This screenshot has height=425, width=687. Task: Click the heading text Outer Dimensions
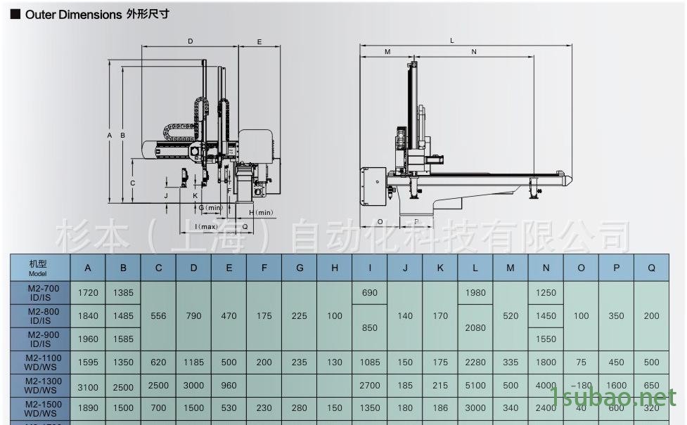coord(73,14)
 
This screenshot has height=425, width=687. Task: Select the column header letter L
coord(475,268)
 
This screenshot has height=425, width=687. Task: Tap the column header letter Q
coord(651,268)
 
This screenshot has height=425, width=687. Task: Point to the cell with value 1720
coord(88,292)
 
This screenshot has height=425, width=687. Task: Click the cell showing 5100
coord(475,385)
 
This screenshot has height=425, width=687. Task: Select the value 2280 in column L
coord(475,362)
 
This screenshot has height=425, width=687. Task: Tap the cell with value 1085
coord(370,362)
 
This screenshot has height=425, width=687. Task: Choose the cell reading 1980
coord(475,292)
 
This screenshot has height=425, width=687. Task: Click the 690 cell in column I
coord(370,292)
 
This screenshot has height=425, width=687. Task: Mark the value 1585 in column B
coord(123,339)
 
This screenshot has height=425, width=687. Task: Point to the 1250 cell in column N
coord(546,292)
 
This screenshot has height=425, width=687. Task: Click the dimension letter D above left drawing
coord(190,42)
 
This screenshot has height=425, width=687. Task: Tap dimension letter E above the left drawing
coord(259,42)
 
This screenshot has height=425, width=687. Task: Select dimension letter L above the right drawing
coord(452,41)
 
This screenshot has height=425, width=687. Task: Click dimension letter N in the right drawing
coord(474,52)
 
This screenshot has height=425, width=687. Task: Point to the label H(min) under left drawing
coord(261,212)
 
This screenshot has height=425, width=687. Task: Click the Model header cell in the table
coord(39,268)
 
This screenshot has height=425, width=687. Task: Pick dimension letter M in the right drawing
coord(387,52)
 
